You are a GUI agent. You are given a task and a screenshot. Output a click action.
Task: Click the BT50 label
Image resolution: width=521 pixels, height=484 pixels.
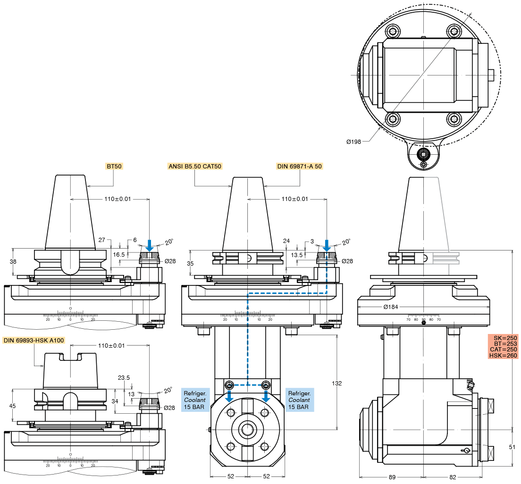115,166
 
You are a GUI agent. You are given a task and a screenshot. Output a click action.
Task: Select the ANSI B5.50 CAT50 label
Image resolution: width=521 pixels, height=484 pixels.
195,166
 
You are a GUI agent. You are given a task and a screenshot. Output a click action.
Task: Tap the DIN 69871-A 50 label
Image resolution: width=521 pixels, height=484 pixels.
299,166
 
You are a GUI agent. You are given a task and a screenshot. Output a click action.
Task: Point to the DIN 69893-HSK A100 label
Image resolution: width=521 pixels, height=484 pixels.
34,340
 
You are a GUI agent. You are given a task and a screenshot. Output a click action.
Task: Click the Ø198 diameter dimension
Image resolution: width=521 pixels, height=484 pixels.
354,142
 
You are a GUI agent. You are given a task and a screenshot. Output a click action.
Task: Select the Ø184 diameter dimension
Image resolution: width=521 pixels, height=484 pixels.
390,307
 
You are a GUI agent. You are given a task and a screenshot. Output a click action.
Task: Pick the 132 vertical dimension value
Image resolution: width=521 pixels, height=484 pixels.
336,383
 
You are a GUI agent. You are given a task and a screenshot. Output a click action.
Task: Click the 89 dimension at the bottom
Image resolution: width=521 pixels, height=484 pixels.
392,477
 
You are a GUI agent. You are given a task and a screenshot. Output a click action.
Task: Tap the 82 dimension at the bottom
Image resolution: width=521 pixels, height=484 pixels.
453,477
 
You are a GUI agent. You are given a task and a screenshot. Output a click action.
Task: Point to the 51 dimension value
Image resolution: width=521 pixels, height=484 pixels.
512,446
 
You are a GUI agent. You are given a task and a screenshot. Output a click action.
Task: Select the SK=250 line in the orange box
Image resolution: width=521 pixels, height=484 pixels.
505,338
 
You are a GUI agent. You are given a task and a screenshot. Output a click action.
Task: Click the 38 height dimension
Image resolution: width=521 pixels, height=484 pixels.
13,262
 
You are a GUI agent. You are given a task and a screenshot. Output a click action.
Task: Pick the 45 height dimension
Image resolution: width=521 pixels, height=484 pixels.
13,406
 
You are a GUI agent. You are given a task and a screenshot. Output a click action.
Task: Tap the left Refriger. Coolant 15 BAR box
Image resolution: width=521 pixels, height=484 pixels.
196,400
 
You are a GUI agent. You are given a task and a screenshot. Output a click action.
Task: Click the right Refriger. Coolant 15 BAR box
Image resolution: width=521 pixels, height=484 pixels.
299,400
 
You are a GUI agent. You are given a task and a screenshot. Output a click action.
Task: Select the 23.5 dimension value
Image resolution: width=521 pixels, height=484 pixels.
124,377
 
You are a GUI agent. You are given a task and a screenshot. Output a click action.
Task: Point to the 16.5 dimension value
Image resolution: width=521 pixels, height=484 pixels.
119,254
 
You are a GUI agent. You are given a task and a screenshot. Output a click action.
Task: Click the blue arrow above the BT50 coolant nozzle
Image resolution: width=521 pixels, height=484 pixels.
149,246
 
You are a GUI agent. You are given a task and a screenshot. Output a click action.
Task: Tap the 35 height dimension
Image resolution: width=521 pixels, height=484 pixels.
190,264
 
